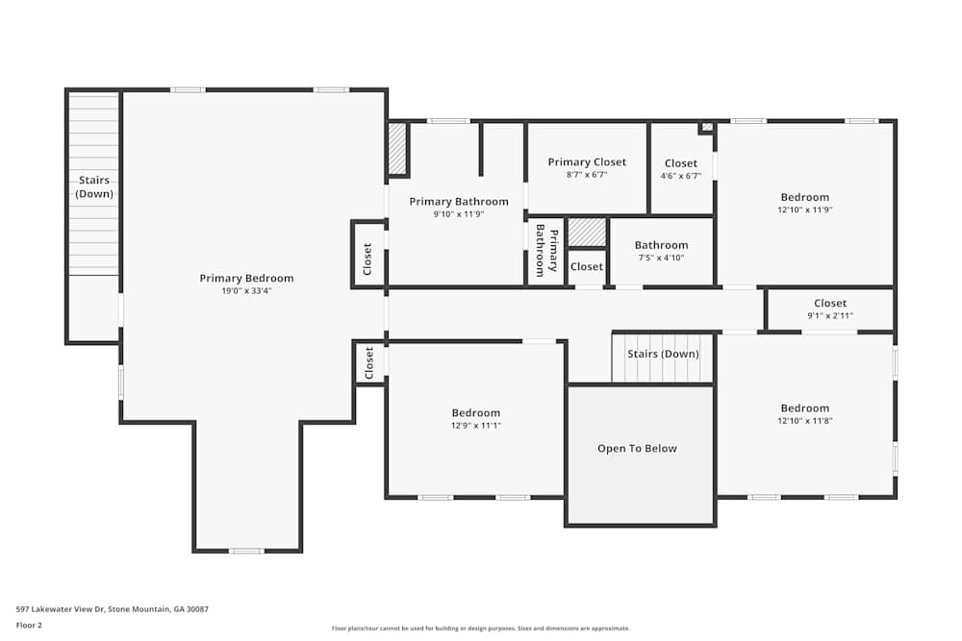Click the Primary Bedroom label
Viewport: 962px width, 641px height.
pyautogui.click(x=246, y=279)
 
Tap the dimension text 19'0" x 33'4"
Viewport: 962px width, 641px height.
pyautogui.click(x=246, y=291)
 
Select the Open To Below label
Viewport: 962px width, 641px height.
pyautogui.click(x=637, y=449)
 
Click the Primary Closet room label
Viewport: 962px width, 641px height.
pyautogui.click(x=587, y=162)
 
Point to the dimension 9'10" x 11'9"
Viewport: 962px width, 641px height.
pyautogui.click(x=458, y=214)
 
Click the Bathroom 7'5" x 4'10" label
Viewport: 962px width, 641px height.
pyautogui.click(x=661, y=245)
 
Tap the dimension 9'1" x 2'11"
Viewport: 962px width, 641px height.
pyautogui.click(x=829, y=316)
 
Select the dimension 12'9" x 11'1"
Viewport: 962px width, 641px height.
pyautogui.click(x=476, y=426)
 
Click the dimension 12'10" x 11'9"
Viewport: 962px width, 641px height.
pyautogui.click(x=804, y=210)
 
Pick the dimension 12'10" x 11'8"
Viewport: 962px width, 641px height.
pyautogui.click(x=804, y=421)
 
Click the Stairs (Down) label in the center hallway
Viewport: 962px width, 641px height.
pyautogui.click(x=662, y=354)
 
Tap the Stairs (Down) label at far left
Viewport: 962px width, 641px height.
pyautogui.click(x=94, y=187)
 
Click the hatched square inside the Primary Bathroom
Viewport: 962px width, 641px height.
pyautogui.click(x=397, y=149)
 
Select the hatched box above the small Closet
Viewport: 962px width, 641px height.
pyautogui.click(x=587, y=233)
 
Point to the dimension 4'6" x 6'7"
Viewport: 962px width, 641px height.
pyautogui.click(x=680, y=176)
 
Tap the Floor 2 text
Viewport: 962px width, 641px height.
pyautogui.click(x=29, y=625)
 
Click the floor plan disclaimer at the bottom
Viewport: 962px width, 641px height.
pyautogui.click(x=481, y=629)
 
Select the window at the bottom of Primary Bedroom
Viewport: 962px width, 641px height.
pyautogui.click(x=246, y=551)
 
